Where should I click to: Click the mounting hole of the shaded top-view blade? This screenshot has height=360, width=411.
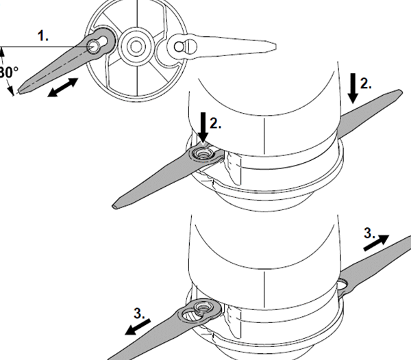click(x=95, y=46)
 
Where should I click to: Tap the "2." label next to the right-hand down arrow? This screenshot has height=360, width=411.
click(x=366, y=83)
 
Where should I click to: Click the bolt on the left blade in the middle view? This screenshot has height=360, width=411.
click(x=201, y=155)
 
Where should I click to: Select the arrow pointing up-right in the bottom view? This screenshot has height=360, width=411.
click(x=376, y=242)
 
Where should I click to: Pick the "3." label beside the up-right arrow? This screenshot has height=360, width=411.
click(x=369, y=233)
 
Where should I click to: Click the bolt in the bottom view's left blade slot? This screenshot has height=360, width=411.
click(x=201, y=307)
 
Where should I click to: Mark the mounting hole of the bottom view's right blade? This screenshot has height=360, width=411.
click(x=342, y=283)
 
